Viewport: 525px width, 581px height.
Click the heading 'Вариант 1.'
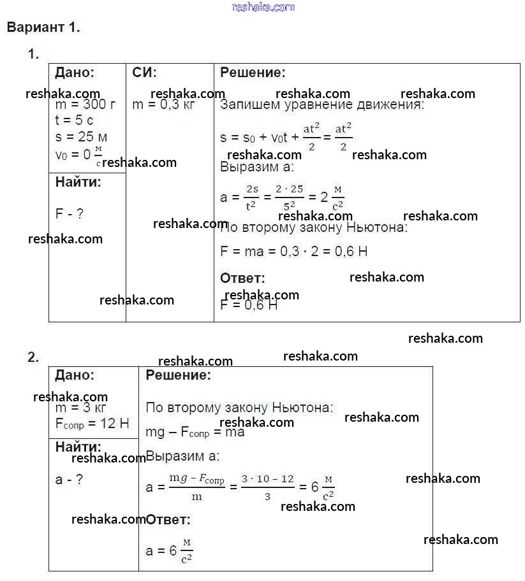43,27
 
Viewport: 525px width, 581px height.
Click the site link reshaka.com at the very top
263,7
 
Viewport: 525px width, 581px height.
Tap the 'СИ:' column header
144,73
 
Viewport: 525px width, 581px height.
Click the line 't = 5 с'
74,120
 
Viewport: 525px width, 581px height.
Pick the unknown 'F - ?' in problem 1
69,214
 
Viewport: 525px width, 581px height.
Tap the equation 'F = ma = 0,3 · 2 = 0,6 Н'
293,251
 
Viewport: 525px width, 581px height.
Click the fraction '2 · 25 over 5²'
289,197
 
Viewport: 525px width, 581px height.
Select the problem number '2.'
33,357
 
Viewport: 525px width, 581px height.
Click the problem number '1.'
33,55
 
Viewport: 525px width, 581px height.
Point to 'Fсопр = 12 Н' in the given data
92,424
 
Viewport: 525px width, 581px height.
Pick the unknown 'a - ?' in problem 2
69,480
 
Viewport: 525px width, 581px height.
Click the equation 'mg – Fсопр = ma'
195,433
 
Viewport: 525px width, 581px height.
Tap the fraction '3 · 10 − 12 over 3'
267,487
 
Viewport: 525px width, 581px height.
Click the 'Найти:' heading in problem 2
78,447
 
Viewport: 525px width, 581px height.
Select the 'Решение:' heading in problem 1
253,73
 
